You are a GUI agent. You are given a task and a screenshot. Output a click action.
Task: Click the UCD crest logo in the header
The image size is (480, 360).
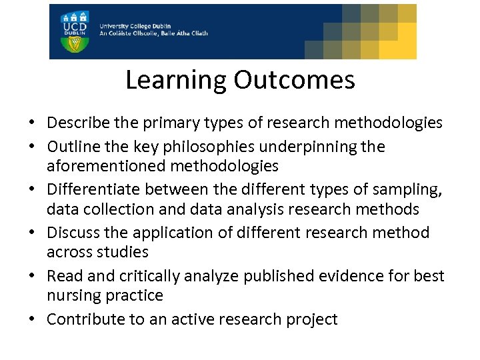coord(74,31)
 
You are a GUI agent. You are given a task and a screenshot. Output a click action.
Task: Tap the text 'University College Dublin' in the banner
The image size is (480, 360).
coord(137,25)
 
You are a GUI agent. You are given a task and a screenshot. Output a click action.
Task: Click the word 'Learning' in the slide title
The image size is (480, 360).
coord(176,80)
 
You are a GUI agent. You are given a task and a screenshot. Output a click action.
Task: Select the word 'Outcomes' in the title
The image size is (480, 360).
coord(294,80)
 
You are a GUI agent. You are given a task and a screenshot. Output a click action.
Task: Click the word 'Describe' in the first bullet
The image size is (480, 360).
coord(74,123)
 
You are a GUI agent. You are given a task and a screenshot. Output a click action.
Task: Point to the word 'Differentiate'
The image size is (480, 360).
coord(89,189)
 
